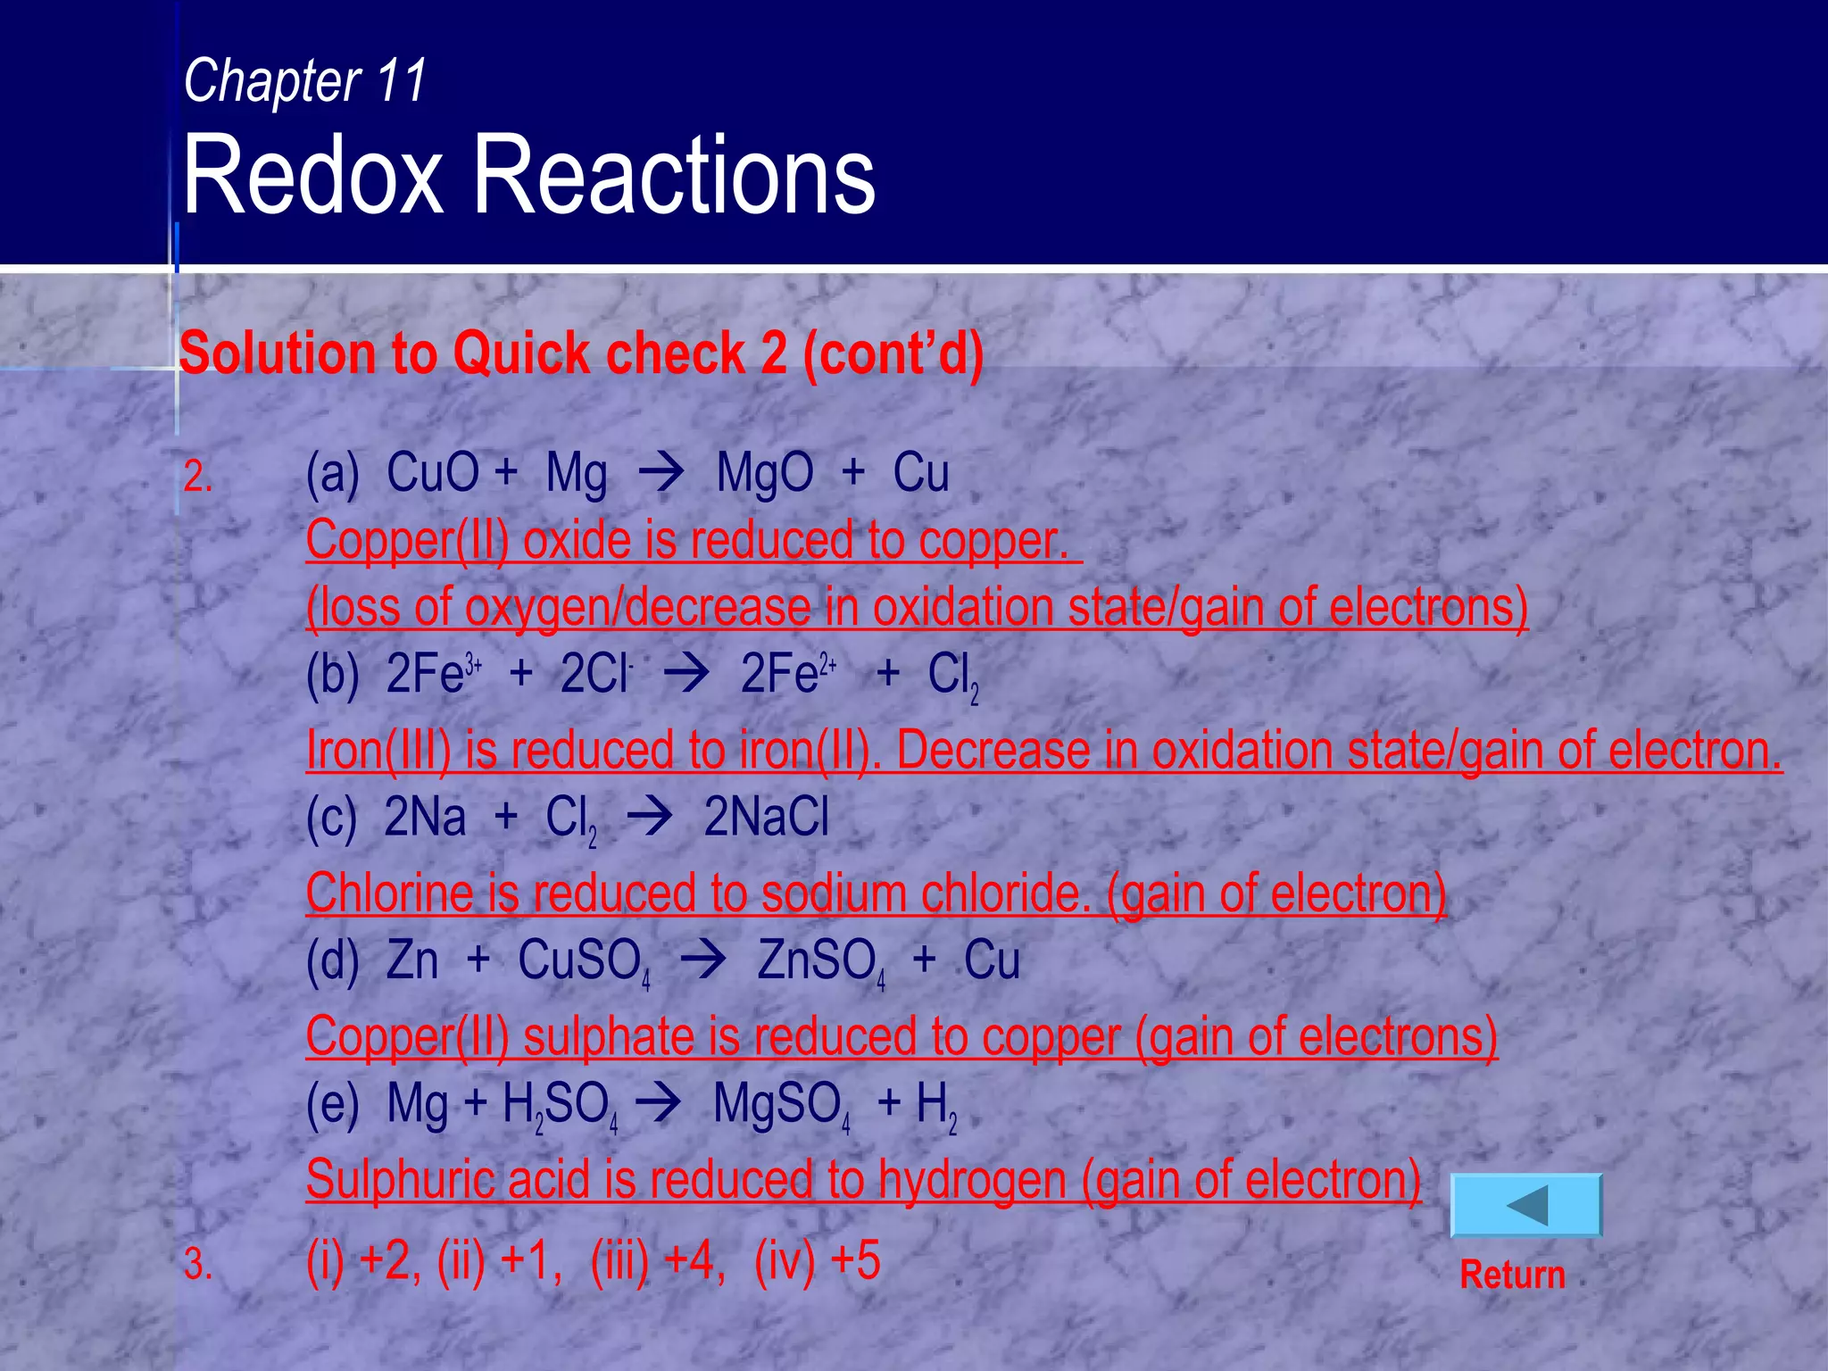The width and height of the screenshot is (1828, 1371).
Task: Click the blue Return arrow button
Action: click(x=1526, y=1206)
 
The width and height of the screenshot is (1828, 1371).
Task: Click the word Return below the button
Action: click(x=1512, y=1275)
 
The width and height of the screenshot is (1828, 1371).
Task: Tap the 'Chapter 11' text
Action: click(x=305, y=80)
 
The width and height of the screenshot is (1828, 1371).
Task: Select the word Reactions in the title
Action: click(x=674, y=175)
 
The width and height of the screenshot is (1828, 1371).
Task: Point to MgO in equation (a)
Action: click(x=764, y=473)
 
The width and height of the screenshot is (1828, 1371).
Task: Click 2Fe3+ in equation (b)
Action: click(x=434, y=675)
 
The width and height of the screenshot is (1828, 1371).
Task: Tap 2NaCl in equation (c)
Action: click(x=766, y=818)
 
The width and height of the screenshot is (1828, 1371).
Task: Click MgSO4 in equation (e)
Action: click(x=780, y=1105)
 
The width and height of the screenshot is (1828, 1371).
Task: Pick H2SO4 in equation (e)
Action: click(x=559, y=1107)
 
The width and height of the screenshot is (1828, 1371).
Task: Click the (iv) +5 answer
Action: click(x=817, y=1261)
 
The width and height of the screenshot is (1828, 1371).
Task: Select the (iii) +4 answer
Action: click(x=657, y=1261)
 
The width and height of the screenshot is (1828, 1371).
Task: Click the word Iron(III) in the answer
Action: click(x=378, y=750)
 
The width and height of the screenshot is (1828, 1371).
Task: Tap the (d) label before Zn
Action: click(x=332, y=962)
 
